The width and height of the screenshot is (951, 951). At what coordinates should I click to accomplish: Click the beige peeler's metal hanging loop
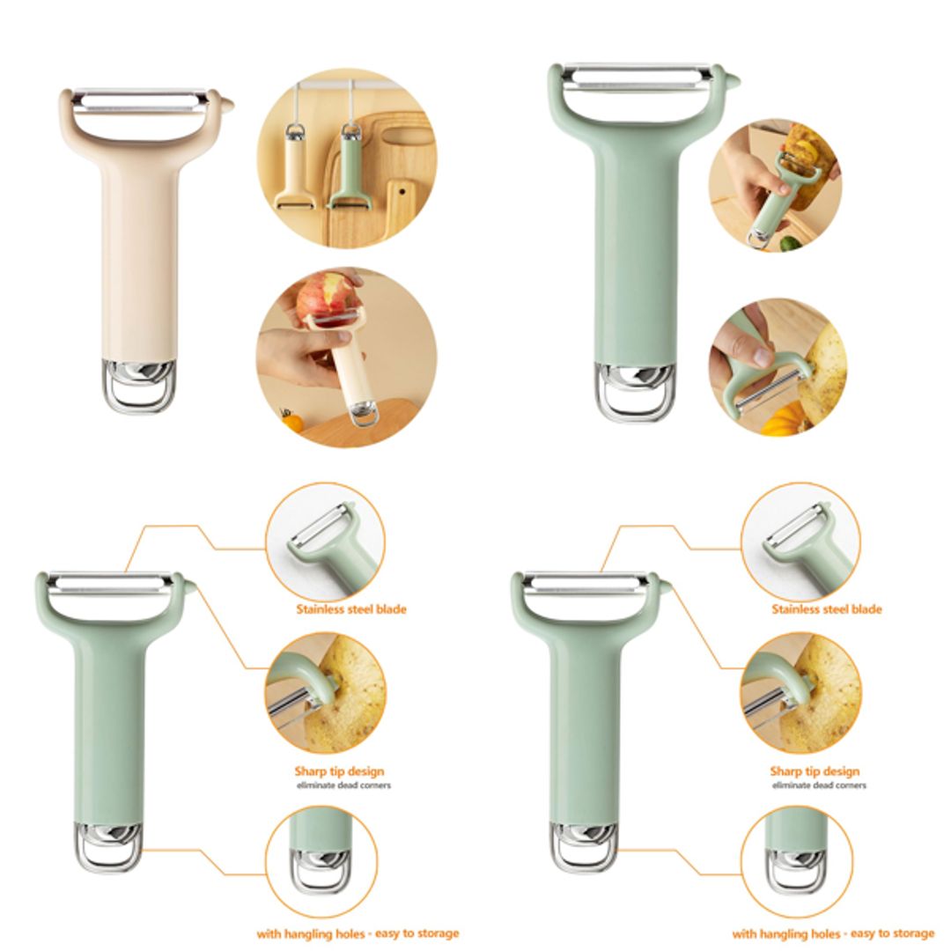click(x=139, y=395)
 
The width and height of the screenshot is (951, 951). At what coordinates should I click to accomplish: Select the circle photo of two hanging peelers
click(x=346, y=158)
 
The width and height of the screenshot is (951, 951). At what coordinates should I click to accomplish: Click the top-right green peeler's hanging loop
click(x=634, y=402)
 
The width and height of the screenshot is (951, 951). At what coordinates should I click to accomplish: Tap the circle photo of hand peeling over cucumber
click(x=775, y=185)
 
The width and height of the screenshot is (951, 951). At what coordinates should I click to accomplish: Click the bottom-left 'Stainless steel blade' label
click(x=350, y=608)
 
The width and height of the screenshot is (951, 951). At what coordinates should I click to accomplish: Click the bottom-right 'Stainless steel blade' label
click(x=826, y=608)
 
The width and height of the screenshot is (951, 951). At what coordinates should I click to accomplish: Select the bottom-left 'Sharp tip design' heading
click(x=339, y=771)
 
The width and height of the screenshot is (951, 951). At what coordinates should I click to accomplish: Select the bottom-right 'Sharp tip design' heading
click(x=815, y=771)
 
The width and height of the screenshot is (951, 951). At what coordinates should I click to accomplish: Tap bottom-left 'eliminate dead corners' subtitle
click(x=343, y=785)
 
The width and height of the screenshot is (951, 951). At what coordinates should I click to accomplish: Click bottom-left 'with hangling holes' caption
click(x=357, y=933)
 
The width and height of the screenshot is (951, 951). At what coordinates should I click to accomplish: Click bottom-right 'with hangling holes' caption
click(x=833, y=933)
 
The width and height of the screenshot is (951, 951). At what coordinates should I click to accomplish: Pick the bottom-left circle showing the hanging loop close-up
click(x=321, y=861)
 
